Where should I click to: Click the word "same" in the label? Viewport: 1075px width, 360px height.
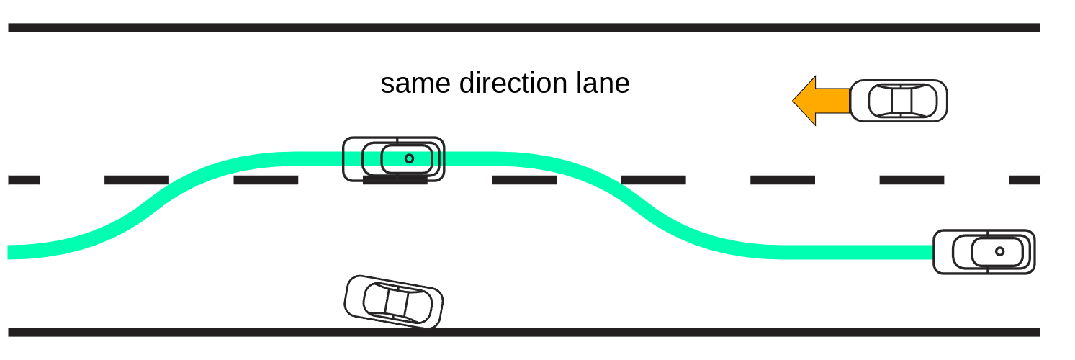(415, 84)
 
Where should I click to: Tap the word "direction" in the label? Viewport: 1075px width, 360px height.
(513, 83)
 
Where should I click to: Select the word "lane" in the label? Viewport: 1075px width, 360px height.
(603, 83)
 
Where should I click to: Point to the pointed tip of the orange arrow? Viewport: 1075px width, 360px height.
(793, 101)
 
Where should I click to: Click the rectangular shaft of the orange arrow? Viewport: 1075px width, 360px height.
(832, 101)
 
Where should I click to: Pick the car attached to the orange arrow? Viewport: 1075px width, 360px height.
(899, 101)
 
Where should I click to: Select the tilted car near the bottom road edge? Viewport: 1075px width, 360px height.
(394, 302)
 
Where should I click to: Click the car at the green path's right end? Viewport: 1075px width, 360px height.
(984, 252)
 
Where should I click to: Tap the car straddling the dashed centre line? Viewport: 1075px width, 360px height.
(394, 159)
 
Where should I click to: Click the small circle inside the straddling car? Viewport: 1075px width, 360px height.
(409, 158)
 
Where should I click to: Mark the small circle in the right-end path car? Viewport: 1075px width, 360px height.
(999, 251)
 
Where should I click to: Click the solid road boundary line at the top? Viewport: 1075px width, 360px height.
(524, 28)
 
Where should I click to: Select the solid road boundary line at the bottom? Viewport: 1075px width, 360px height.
(524, 332)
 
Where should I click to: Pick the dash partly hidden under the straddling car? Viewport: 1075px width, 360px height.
(395, 180)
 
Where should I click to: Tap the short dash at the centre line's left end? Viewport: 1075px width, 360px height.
(24, 180)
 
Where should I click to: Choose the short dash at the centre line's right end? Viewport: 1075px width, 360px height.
(1025, 180)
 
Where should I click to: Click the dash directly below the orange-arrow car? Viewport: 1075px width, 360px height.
(912, 180)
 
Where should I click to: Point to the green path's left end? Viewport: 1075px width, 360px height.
(8, 252)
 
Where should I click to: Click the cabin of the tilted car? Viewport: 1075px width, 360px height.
(397, 303)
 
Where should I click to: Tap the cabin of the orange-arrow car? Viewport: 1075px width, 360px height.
(902, 101)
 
